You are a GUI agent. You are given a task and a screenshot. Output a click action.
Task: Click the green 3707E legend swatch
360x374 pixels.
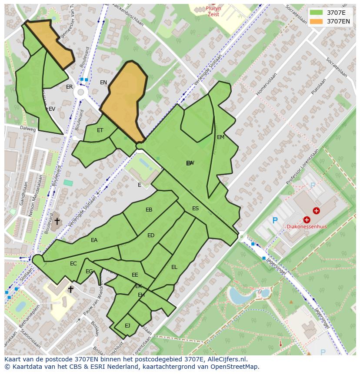pyautogui.click(x=316, y=13)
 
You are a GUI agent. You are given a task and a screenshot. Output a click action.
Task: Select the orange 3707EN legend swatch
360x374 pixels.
pyautogui.click(x=316, y=21)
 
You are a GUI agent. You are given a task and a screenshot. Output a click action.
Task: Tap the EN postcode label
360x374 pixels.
pyautogui.click(x=103, y=83)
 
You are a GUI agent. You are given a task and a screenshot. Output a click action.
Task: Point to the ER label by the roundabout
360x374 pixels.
pyautogui.click(x=70, y=87)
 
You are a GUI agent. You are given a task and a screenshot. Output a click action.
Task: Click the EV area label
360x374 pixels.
pyautogui.click(x=52, y=109)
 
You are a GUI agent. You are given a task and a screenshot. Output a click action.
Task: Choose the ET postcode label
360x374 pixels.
pyautogui.click(x=100, y=130)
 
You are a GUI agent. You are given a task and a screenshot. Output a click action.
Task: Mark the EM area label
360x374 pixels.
pyautogui.click(x=220, y=137)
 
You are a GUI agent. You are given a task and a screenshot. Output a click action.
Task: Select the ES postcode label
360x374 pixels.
pyautogui.click(x=196, y=209)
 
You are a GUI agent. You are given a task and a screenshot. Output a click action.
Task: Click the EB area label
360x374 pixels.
pyautogui.click(x=149, y=210)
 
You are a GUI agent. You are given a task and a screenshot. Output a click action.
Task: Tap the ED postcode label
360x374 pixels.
pyautogui.click(x=151, y=235)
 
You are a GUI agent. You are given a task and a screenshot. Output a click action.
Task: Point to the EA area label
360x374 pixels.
pyautogui.click(x=94, y=240)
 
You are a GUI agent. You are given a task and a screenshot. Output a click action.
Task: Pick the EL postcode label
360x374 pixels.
pyautogui.click(x=174, y=267)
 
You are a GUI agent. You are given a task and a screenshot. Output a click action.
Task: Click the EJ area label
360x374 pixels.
pyautogui.click(x=127, y=325)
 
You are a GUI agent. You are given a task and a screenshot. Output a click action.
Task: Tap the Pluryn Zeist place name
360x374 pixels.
pyautogui.click(x=213, y=11)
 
